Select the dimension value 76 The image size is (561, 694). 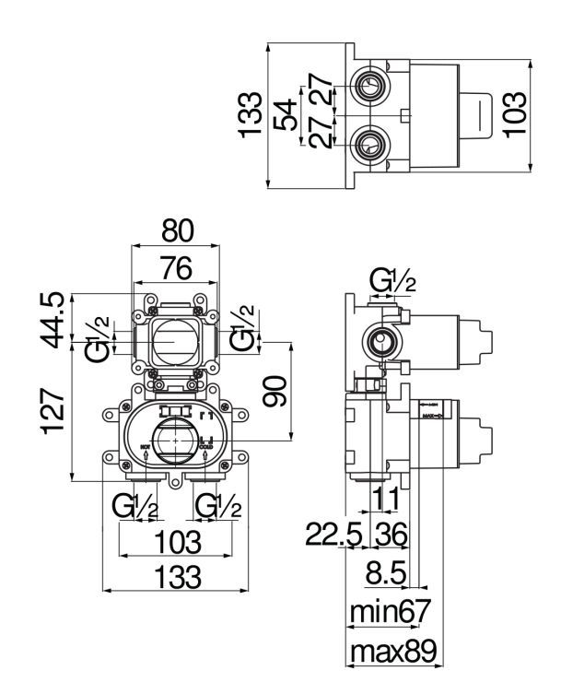(x=176, y=268)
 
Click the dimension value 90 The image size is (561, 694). (x=274, y=391)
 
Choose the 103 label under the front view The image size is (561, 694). (x=176, y=541)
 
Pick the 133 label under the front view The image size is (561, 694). (x=176, y=578)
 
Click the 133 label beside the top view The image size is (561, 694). (x=250, y=115)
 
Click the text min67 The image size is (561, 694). (x=391, y=611)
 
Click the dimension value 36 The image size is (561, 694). (x=392, y=535)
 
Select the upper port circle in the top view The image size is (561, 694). (x=371, y=89)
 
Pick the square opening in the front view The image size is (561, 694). (x=175, y=343)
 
